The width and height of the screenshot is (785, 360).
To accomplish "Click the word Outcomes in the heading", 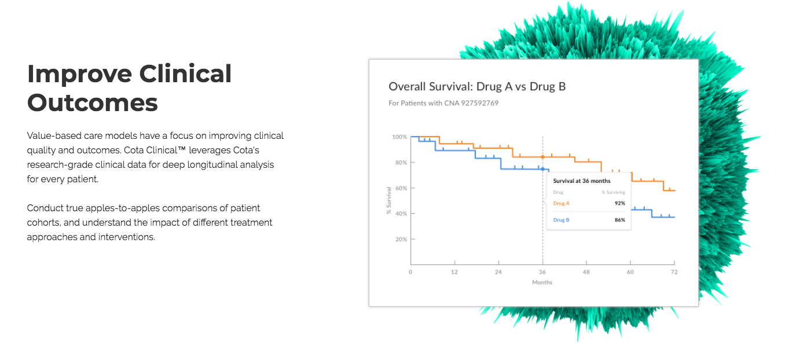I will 93,103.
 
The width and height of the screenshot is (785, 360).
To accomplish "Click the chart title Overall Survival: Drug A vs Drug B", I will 477,87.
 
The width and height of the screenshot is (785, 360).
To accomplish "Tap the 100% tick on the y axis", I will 399,137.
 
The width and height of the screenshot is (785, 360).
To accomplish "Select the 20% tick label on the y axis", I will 401,239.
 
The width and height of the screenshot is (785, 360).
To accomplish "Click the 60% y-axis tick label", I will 401,188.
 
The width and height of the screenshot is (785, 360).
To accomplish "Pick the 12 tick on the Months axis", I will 454,272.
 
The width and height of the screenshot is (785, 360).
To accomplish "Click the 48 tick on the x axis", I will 586,272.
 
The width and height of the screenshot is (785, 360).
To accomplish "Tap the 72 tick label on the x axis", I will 674,272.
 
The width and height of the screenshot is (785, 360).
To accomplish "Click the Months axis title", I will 542,282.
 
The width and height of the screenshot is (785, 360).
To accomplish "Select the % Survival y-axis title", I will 389,201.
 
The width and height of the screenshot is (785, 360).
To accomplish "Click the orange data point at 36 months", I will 542,157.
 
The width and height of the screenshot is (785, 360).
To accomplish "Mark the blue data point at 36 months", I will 542,169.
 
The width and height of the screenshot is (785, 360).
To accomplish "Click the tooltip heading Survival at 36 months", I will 581,181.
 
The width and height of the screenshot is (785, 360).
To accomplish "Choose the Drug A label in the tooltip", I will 562,203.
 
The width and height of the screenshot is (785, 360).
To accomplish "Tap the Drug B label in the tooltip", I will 562,220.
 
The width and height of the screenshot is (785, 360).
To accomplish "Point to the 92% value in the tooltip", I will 619,203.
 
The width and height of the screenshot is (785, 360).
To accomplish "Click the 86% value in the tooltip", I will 619,220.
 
